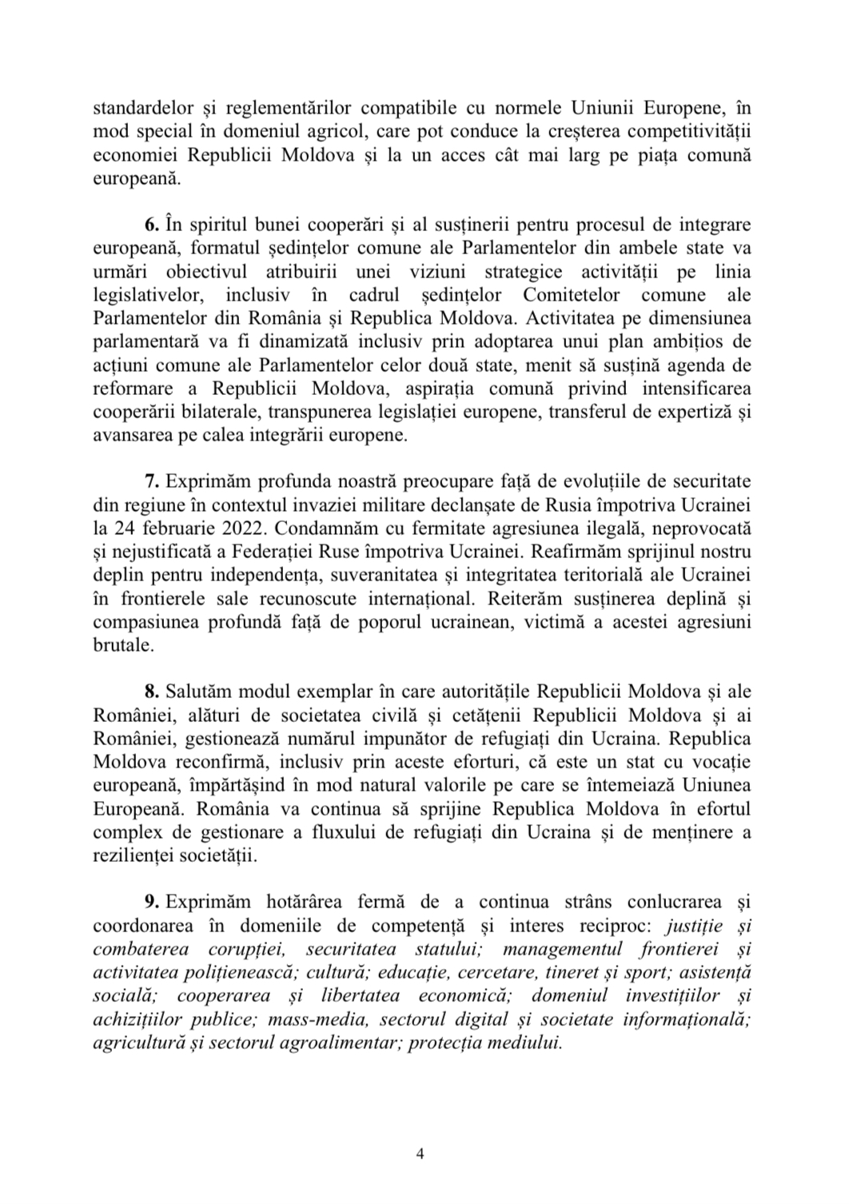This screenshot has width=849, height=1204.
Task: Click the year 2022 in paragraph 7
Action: point(227,530)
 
